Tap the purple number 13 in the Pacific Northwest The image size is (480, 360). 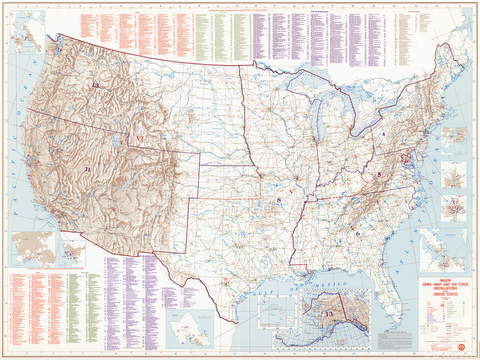coord(95,85)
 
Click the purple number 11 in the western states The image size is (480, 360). coord(87,169)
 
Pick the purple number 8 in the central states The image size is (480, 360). coord(278,199)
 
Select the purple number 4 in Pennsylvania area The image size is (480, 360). coord(383,133)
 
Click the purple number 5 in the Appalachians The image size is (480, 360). coord(379,174)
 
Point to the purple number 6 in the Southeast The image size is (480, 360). coord(358,234)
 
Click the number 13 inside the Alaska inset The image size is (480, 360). coord(329,314)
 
